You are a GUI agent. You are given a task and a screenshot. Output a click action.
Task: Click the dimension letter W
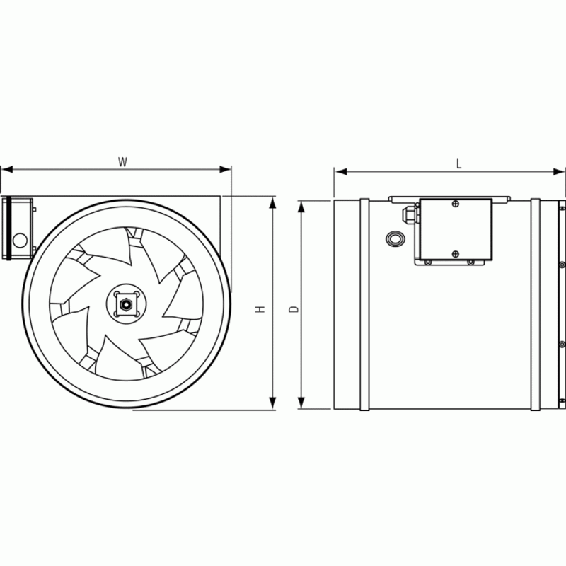coord(122,162)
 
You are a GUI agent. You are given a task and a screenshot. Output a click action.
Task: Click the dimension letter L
coord(458,164)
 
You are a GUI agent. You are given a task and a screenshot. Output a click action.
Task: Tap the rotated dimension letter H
coord(260,309)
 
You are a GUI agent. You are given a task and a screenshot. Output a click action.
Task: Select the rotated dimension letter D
coord(294,309)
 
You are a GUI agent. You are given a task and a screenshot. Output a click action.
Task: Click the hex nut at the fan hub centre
coord(126,304)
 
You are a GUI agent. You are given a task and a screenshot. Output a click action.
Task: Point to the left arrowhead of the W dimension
coord(7,169)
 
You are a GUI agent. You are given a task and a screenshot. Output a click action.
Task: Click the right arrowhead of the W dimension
coord(225,169)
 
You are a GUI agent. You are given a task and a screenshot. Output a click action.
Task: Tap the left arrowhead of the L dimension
coord(341,171)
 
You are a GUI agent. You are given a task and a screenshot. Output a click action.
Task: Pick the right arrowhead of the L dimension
coord(559,171)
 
